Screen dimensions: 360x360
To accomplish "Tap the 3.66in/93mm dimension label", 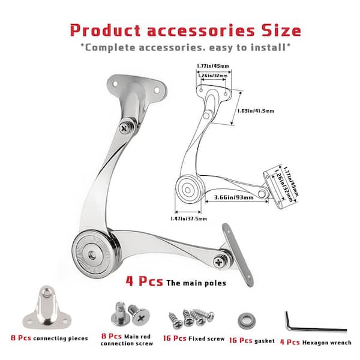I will [233, 197].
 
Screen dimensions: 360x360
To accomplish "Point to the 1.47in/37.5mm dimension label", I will [190, 219].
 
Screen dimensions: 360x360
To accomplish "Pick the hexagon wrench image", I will [313, 323].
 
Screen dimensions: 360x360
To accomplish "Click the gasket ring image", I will [245, 318].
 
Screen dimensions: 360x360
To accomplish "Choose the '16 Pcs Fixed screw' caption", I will [190, 339].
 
